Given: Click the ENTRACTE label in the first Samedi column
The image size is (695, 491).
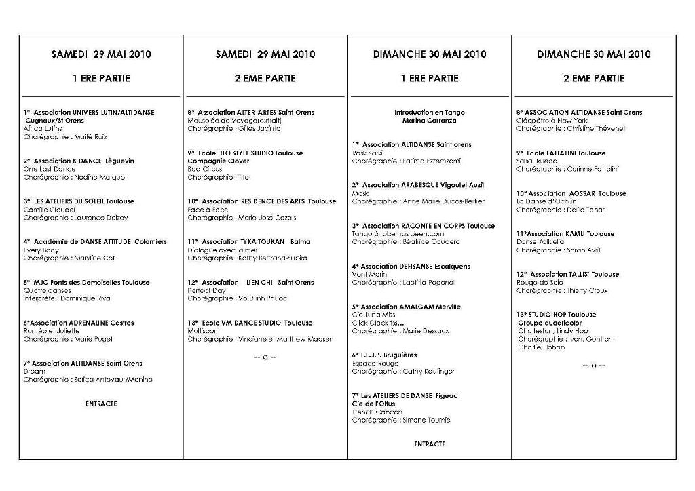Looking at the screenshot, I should coord(101,404).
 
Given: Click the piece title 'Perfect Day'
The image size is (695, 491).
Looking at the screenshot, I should coord(206,290).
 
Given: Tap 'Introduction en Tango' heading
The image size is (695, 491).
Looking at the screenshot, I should coord(430,112).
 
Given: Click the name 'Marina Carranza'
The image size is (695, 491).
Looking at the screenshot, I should coord(430,120).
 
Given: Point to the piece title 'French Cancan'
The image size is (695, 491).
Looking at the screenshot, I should coord(377,412).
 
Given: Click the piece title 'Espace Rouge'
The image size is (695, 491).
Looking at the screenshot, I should coord(375,364).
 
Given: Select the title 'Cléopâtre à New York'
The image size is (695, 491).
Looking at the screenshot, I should coord(552,120).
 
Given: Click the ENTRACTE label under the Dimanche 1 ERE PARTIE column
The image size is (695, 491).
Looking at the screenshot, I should coord(430,444).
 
